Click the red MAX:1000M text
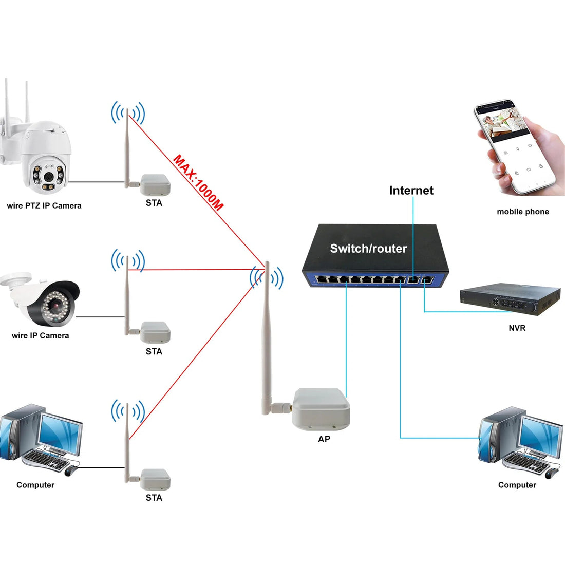[x=198, y=183]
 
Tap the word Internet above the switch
[x=411, y=191]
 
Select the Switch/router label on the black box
[x=368, y=249]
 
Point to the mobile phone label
[x=522, y=212]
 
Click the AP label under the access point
[x=324, y=439]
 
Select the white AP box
[x=321, y=409]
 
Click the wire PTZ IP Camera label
[x=44, y=206]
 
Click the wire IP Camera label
[x=40, y=336]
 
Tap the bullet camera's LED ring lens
[x=54, y=307]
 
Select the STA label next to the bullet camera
[x=154, y=352]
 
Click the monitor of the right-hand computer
[x=540, y=435]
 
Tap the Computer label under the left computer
[x=35, y=485]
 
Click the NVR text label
[x=517, y=328]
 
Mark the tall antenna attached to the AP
[x=266, y=339]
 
